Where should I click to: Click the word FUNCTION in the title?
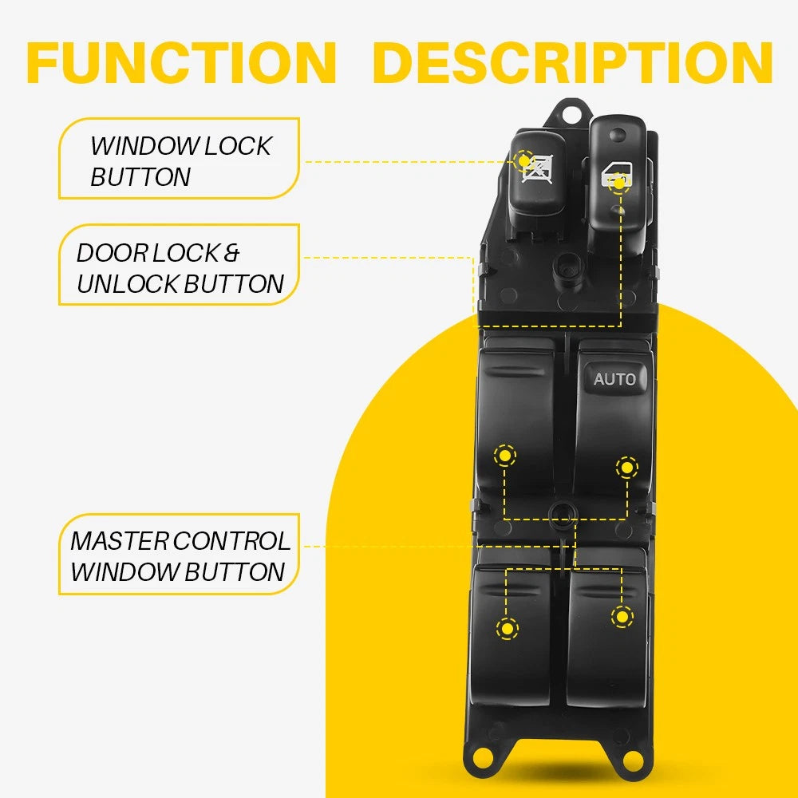(182, 62)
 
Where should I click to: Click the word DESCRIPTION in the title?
(572, 62)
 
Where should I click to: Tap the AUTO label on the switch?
(614, 378)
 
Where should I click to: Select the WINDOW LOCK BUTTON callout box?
(180, 159)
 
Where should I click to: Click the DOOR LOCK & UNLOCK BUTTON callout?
(180, 268)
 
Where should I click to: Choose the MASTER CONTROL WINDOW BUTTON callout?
(180, 555)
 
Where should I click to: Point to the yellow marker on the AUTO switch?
(627, 468)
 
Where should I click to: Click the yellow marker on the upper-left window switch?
(504, 456)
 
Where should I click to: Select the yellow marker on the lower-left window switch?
(507, 628)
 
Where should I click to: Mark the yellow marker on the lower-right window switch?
(622, 616)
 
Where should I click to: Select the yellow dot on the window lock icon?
(523, 160)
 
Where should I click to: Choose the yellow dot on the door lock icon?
(619, 184)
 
